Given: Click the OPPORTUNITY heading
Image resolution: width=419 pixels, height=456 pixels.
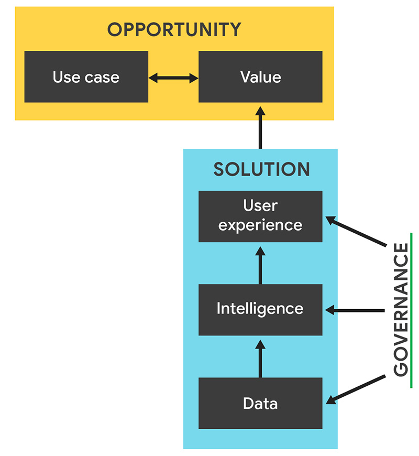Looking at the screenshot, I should [174, 29].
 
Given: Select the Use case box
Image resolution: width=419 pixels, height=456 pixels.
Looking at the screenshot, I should [86, 77].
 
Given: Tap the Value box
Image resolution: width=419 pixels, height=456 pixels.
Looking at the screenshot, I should [260, 77].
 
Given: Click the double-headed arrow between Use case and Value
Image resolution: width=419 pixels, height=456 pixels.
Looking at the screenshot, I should [173, 78].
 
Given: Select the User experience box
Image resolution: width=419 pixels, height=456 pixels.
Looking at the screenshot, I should [260, 216].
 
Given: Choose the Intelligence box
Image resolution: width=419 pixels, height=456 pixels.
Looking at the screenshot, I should [260, 308].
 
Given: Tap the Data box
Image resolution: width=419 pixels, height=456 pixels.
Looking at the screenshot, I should [260, 403].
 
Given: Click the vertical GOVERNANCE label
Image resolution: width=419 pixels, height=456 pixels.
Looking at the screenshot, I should [401, 310].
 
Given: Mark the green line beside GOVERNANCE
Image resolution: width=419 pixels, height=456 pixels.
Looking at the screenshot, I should [412, 310].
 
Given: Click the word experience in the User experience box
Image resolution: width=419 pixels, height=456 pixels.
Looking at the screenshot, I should [260, 225].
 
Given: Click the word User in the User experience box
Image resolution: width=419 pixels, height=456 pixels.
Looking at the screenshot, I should [260, 206].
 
